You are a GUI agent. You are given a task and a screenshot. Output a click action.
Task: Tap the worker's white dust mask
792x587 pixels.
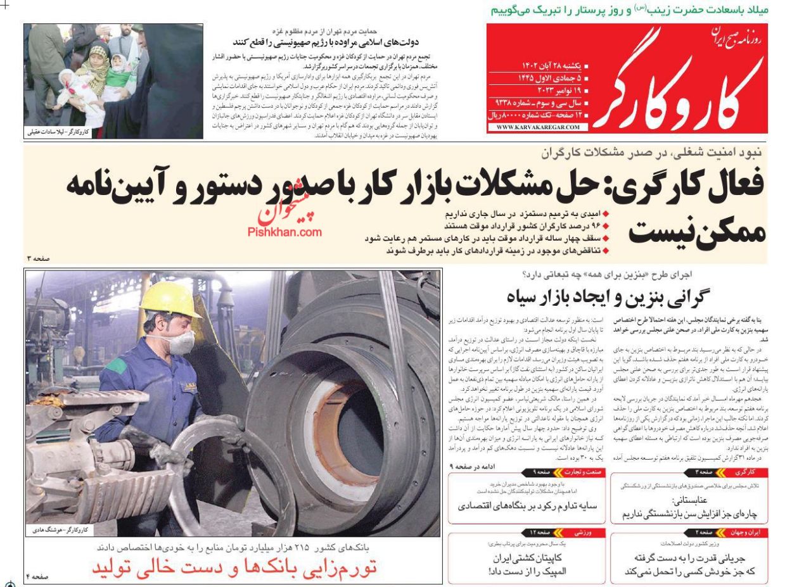(181, 343)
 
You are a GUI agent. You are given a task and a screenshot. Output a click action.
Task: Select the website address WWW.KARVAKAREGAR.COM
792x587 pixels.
(538, 127)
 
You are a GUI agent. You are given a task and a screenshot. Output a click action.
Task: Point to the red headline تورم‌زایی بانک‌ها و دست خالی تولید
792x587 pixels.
(234, 567)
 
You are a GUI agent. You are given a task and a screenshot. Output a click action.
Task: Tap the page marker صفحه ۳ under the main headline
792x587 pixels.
(37, 258)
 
